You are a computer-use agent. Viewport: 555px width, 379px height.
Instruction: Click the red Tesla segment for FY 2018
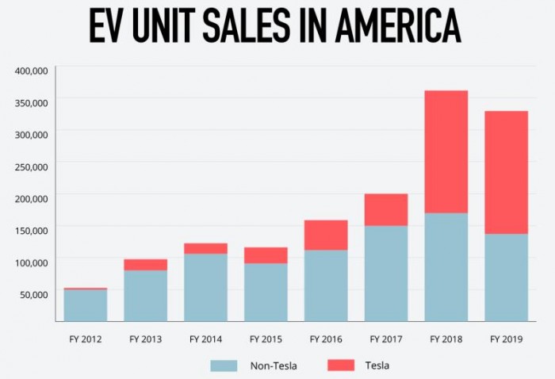click(x=446, y=151)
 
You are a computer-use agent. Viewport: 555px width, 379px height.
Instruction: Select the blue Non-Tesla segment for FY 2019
click(x=506, y=277)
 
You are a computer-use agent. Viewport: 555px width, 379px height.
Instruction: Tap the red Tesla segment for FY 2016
click(x=326, y=235)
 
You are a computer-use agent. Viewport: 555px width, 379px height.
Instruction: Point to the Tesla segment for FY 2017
click(x=386, y=209)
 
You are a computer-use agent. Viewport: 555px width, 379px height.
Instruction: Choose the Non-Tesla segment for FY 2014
click(x=205, y=287)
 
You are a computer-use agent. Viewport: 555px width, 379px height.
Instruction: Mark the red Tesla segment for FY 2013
click(x=145, y=265)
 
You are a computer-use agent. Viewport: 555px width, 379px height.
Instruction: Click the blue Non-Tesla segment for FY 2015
click(x=266, y=292)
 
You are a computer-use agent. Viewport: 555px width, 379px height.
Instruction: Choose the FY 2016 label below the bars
click(x=326, y=339)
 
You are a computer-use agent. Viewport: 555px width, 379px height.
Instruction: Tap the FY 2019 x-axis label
click(x=506, y=339)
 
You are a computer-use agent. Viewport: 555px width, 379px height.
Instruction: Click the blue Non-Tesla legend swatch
click(x=224, y=366)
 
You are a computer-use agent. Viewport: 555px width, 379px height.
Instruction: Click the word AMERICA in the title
click(x=397, y=29)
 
